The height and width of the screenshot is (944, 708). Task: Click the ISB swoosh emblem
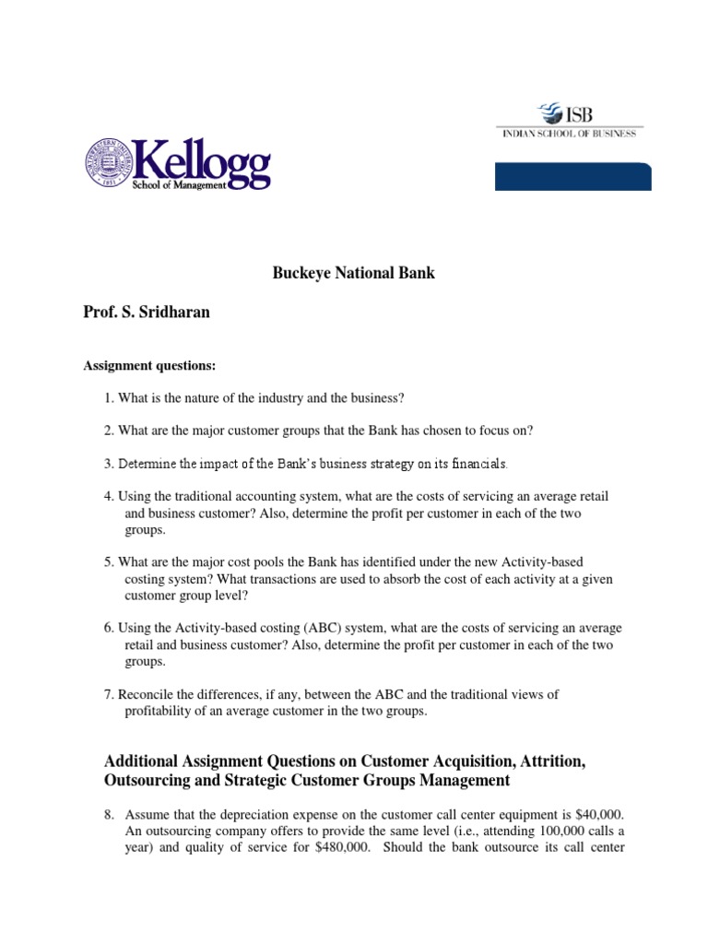(x=549, y=114)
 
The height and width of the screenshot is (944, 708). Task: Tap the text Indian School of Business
(x=569, y=134)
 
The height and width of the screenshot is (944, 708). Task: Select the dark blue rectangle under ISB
(x=572, y=175)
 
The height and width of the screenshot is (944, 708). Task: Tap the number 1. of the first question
(x=109, y=397)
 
